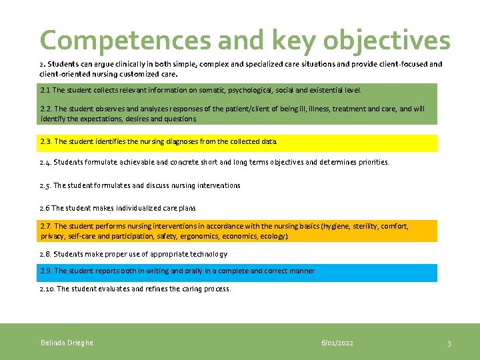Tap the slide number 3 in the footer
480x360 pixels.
coord(449,343)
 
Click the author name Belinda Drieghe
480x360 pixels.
coord(67,343)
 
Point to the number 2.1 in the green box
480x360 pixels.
coord(45,89)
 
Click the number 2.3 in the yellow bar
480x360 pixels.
coord(46,141)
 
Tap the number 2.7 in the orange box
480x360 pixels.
coord(46,227)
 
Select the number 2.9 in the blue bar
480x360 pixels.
coord(46,271)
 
